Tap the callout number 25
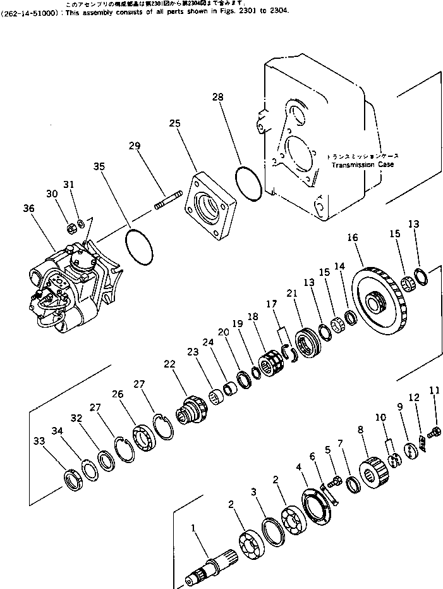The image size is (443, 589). click(x=174, y=124)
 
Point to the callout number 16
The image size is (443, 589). click(x=352, y=237)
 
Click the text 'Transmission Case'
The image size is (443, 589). click(x=362, y=164)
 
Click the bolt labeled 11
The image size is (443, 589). click(x=435, y=433)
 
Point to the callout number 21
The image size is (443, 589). click(x=291, y=293)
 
